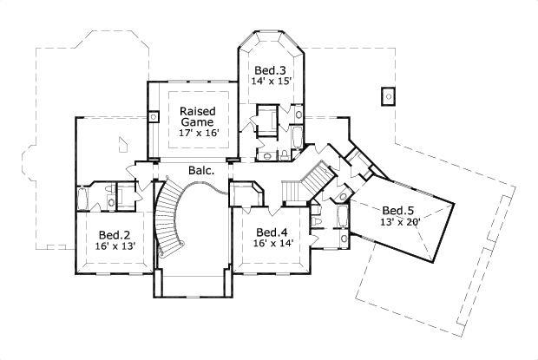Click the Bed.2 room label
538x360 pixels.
click(114, 234)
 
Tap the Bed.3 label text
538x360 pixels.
click(270, 69)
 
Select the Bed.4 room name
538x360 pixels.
click(272, 232)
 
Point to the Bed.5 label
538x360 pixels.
click(398, 211)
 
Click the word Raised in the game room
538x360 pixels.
click(198, 110)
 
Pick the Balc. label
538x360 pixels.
click(201, 171)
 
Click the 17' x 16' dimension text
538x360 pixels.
click(198, 134)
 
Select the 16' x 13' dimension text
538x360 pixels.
click(114, 246)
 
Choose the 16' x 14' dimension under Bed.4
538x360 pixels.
click(272, 244)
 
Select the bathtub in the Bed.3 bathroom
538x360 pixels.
click(297, 137)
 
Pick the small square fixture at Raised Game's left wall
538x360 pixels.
click(154, 116)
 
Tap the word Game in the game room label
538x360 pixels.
click(198, 122)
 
